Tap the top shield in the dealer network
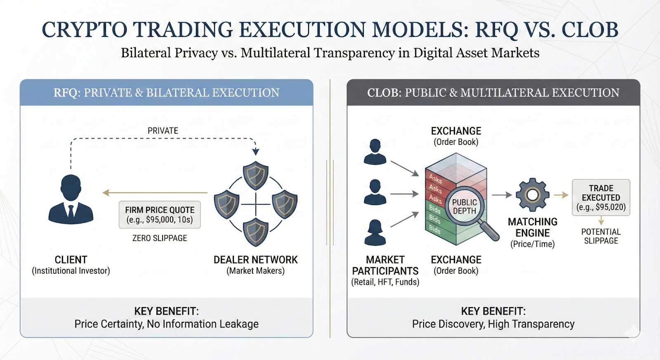click(256, 175)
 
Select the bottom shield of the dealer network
click(256, 232)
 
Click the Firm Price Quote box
click(160, 214)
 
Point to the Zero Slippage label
click(160, 238)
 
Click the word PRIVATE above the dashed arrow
click(163, 131)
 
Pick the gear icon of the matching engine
click(533, 195)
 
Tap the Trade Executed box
click(601, 198)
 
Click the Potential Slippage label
click(601, 236)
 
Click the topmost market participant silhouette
click(375, 152)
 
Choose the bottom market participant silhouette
click(375, 233)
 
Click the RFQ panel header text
click(166, 93)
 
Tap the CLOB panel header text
click(493, 93)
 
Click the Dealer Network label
click(255, 260)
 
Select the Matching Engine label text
click(533, 228)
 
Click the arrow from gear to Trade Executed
click(561, 195)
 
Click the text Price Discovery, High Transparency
click(493, 324)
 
